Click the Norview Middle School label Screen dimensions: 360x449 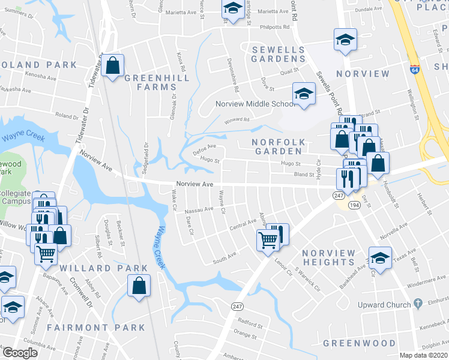point(255,104)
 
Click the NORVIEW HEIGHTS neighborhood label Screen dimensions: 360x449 point(328,257)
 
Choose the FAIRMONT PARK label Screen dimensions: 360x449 point(96,328)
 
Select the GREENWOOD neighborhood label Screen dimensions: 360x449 point(359,343)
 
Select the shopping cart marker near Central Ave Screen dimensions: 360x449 point(268,241)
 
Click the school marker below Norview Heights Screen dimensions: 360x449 point(379,257)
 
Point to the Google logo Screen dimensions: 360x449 point(20,353)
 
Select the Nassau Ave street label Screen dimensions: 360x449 point(199,209)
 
